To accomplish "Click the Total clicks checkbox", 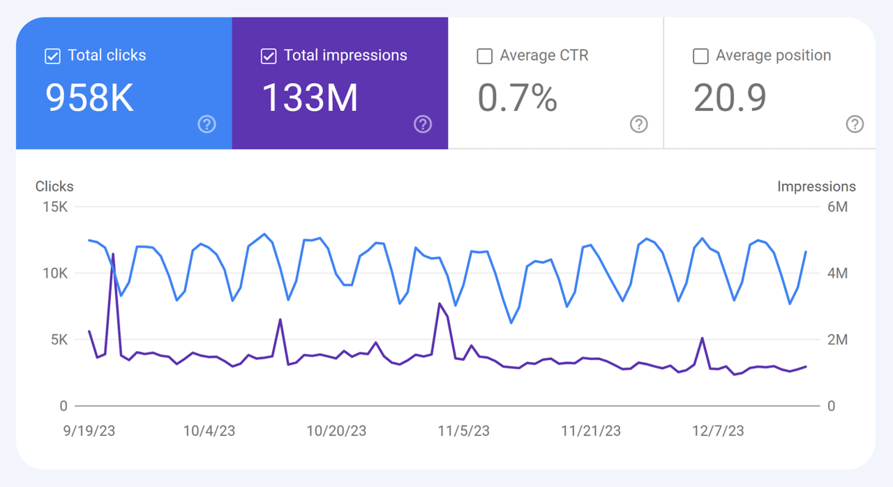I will coord(52,57).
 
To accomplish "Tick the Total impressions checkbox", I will coord(269,57).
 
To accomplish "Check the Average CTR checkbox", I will coord(484,57).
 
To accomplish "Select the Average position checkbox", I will coord(700,57).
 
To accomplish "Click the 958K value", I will coord(89,98).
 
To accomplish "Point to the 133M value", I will coord(310,98).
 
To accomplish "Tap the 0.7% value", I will coord(517,98).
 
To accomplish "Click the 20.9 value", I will coord(730,98).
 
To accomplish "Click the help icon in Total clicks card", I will coord(207,124).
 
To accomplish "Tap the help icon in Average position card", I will coord(855,124).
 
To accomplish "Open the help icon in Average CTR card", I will coord(638,124).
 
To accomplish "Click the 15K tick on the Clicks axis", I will coord(54,207).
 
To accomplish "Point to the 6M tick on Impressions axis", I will coord(837,207).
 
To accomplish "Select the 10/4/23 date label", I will coord(209,431).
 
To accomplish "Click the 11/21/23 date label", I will coord(591,431).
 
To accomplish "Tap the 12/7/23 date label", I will coord(718,431).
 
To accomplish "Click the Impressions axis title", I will coord(816,186).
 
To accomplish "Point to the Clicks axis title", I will coord(54,186).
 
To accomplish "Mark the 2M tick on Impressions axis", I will coord(837,340).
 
